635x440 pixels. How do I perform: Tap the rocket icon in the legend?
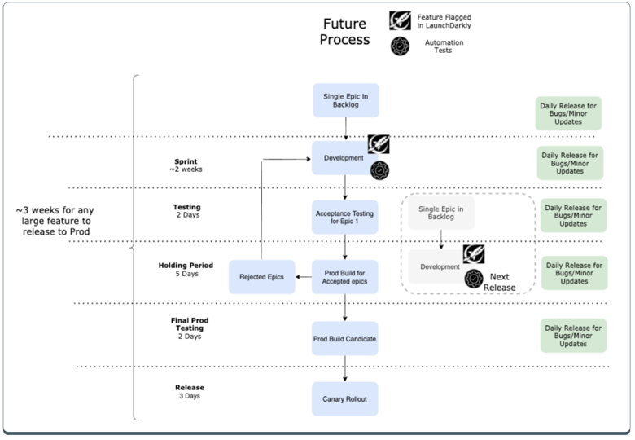click(400, 20)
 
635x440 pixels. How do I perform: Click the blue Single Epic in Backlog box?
click(346, 100)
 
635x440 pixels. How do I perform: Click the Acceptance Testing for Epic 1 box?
click(344, 218)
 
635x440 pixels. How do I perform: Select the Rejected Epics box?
click(261, 277)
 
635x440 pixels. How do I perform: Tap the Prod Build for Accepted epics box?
click(345, 277)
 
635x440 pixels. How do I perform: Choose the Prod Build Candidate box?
click(345, 338)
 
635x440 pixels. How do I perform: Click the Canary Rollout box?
click(345, 399)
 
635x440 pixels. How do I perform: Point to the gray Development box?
click(440, 266)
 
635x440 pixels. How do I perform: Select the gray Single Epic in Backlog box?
click(440, 213)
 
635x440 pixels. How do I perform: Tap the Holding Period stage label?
click(185, 269)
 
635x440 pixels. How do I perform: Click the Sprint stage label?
click(185, 165)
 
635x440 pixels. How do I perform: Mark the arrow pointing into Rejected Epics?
click(303, 277)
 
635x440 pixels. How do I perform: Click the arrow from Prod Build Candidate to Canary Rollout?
click(345, 368)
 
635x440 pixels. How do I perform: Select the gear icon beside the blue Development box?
click(379, 170)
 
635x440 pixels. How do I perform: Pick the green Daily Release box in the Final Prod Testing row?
click(573, 336)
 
